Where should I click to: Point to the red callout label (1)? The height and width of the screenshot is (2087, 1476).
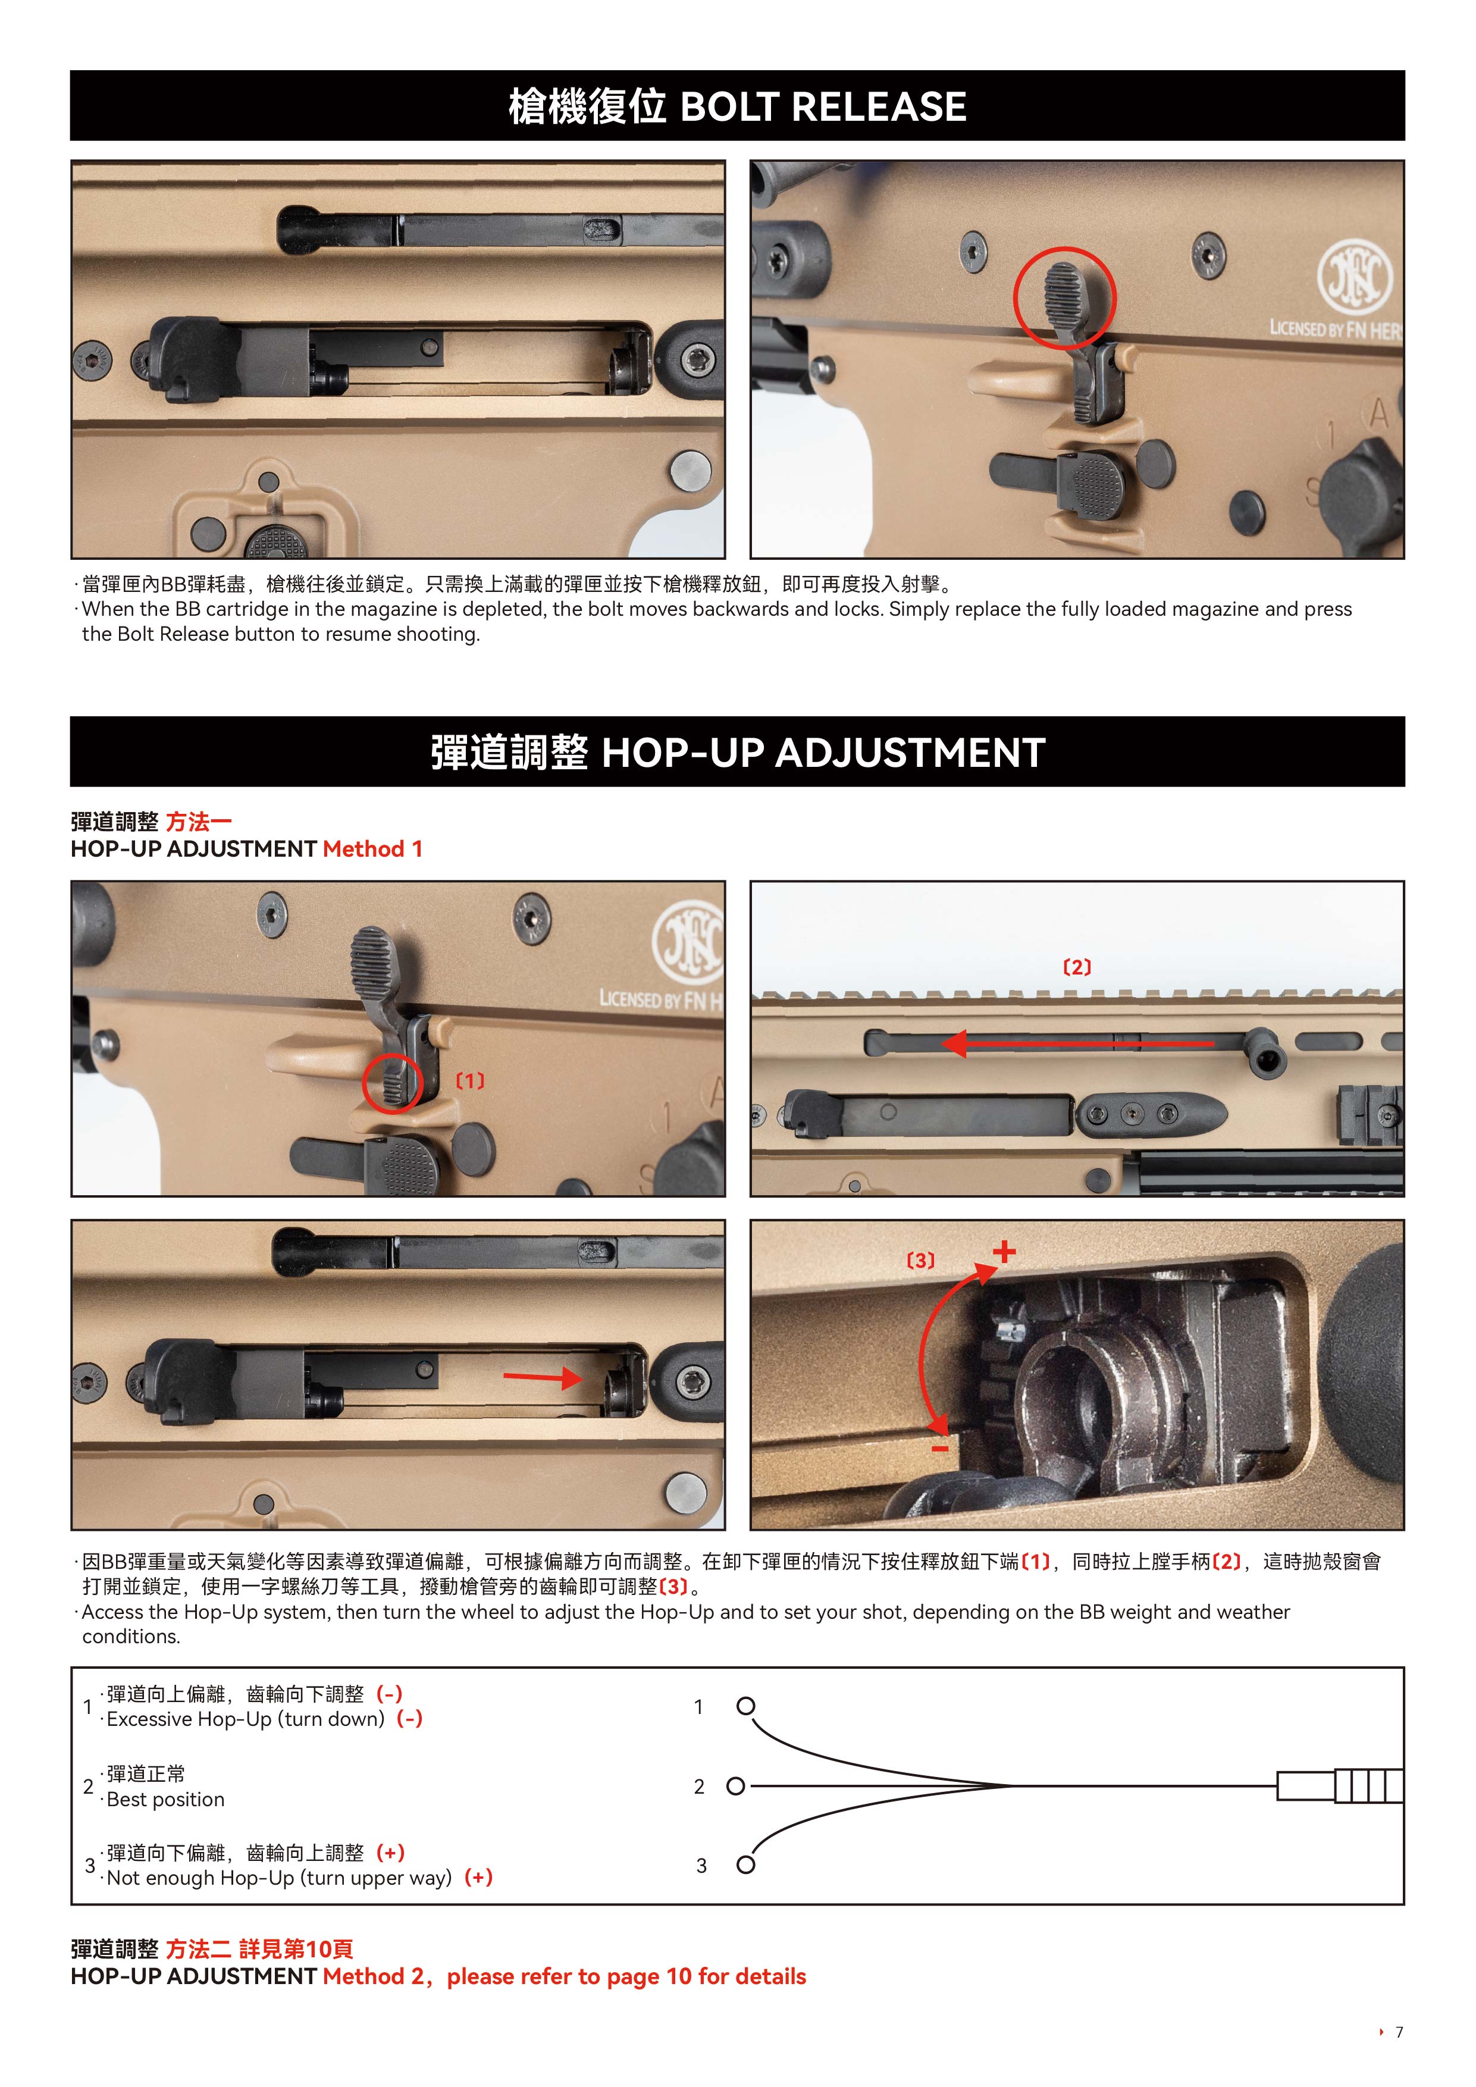(x=470, y=1081)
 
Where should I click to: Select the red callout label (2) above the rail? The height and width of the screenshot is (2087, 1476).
(x=1077, y=967)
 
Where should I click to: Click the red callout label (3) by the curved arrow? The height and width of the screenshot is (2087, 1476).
(x=921, y=1261)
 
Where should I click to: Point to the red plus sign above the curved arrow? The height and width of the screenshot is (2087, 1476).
(x=1004, y=1252)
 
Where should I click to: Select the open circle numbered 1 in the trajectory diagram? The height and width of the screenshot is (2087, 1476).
(x=746, y=1706)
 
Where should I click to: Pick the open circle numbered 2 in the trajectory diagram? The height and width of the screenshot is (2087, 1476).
(x=736, y=1786)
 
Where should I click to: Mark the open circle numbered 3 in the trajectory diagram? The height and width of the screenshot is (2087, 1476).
(x=746, y=1865)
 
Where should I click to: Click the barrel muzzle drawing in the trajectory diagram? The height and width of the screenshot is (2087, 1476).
(x=1340, y=1786)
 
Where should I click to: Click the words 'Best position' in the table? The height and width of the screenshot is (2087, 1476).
(x=165, y=1800)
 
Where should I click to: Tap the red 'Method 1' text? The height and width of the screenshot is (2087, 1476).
(x=372, y=849)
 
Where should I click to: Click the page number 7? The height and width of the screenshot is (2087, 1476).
(x=1400, y=2032)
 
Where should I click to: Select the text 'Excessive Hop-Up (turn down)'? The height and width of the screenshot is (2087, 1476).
(x=245, y=1719)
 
